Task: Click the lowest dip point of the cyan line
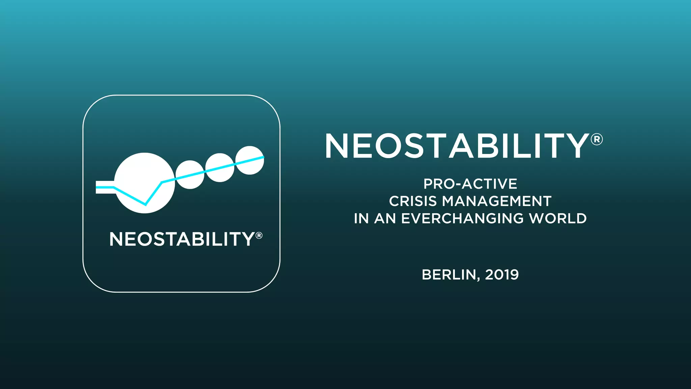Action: [x=145, y=204]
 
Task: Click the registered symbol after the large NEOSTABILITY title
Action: [x=597, y=139]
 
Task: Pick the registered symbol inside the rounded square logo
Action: [x=259, y=235]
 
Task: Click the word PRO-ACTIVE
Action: [x=470, y=184]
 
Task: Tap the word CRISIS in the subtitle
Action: [x=413, y=201]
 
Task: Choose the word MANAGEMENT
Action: [x=497, y=201]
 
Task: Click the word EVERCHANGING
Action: [x=462, y=218]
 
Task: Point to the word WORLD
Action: [x=558, y=218]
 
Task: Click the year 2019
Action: [x=502, y=275]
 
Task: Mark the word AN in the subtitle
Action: [x=385, y=218]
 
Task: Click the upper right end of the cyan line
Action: [x=263, y=157]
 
